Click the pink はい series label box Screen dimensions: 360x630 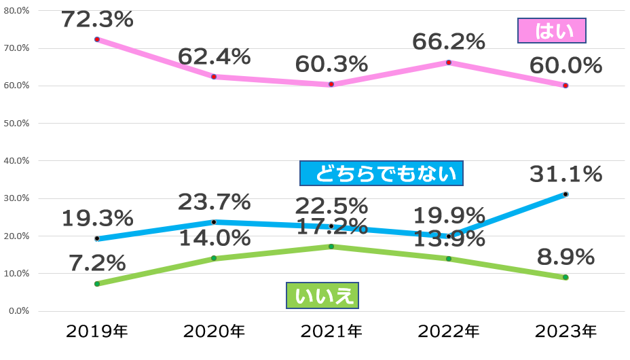tap(551, 31)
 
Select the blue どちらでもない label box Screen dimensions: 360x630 tap(381, 173)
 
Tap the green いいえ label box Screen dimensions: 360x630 tap(322, 295)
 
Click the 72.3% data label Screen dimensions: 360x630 tap(97, 19)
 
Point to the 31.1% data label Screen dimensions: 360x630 tap(566, 174)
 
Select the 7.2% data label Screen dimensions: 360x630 tap(97, 262)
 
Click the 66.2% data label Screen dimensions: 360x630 tap(449, 42)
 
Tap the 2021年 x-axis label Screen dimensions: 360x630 tap(331, 331)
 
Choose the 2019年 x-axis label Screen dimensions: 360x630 tap(97, 331)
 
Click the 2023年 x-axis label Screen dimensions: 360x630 tap(566, 331)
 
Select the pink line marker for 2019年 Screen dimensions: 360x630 tap(97, 39)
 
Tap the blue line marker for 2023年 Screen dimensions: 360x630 tap(566, 194)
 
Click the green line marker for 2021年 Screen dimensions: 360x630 tap(331, 247)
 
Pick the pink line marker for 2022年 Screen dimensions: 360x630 tap(449, 62)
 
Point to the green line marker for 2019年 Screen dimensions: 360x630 tap(97, 284)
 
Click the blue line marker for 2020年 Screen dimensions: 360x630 tap(214, 222)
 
